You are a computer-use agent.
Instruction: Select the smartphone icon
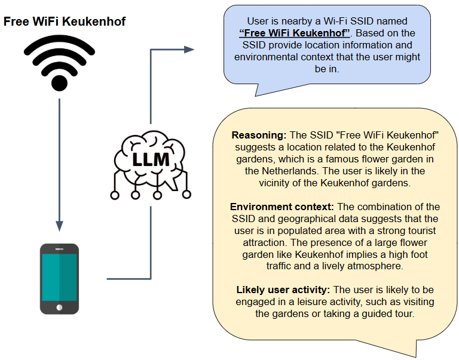(x=59, y=279)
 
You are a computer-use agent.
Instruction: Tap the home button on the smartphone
(x=59, y=307)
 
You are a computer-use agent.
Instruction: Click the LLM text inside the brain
(x=149, y=160)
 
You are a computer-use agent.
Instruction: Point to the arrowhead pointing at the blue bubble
(x=189, y=50)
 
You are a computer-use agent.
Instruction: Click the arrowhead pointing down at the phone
(x=59, y=226)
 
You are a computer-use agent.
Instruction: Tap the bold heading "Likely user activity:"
(x=283, y=290)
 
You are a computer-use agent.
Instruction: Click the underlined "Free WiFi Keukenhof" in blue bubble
(x=294, y=33)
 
